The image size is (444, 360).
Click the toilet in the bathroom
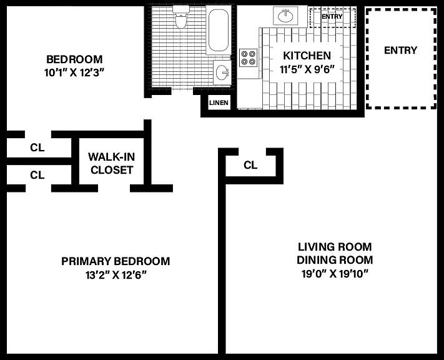click(x=181, y=17)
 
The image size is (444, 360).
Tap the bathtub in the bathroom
click(x=219, y=30)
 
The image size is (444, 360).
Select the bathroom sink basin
click(x=222, y=72)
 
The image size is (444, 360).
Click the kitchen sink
click(x=286, y=16)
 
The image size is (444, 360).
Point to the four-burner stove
click(x=249, y=57)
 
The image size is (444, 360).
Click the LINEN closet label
click(x=219, y=102)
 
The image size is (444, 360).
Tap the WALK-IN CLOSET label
click(x=112, y=163)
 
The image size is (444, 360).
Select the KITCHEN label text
click(x=307, y=56)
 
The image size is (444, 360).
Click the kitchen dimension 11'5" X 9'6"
click(x=307, y=69)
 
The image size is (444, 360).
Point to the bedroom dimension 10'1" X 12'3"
click(x=74, y=73)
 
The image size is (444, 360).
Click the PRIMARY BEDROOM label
click(x=116, y=261)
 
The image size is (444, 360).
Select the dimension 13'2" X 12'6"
click(x=116, y=274)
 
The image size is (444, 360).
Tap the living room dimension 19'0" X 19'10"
click(x=335, y=274)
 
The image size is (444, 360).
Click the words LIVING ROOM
click(x=335, y=247)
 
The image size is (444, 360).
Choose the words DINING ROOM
click(x=335, y=260)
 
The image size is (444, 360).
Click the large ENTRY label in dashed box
click(x=401, y=50)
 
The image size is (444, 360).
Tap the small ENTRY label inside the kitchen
click(x=332, y=16)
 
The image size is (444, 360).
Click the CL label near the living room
click(x=250, y=165)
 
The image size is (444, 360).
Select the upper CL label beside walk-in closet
click(x=37, y=147)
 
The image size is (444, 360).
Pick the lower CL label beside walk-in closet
click(x=37, y=175)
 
